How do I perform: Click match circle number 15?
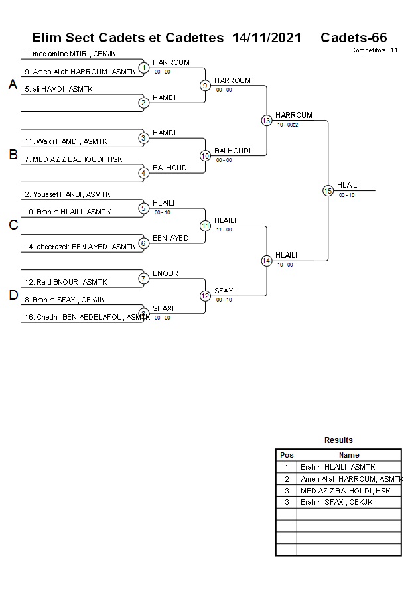[x=328, y=190]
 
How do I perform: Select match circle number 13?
[x=266, y=120]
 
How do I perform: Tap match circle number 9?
[x=205, y=85]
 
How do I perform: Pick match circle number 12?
[x=205, y=295]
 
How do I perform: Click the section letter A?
[x=13, y=85]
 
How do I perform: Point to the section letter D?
[x=13, y=296]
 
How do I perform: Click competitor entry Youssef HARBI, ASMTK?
[x=68, y=194]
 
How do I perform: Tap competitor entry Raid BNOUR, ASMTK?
[x=66, y=282]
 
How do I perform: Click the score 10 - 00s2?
[x=288, y=125]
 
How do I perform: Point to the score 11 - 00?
[x=224, y=230]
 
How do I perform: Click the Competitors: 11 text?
[x=374, y=50]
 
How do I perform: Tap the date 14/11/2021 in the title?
[x=267, y=38]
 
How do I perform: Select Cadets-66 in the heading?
[x=354, y=38]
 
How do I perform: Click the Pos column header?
[x=287, y=455]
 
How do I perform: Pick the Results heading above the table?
[x=338, y=440]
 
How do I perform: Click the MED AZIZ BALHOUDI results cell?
[x=346, y=491]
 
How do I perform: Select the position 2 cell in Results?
[x=287, y=479]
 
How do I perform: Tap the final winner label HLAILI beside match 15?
[x=348, y=185]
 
